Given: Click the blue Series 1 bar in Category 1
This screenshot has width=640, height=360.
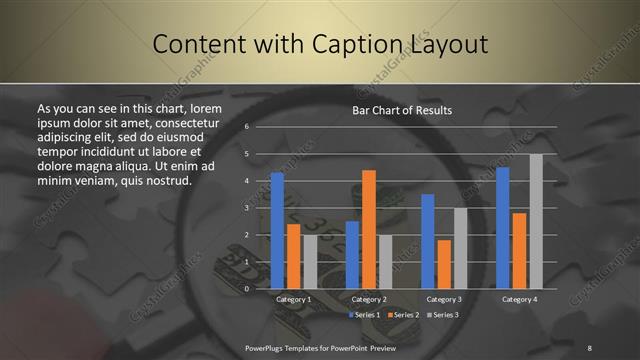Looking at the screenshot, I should click(277, 230).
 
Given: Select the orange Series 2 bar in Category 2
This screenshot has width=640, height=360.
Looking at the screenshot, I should click(368, 229).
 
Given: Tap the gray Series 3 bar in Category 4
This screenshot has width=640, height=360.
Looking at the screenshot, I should click(536, 221).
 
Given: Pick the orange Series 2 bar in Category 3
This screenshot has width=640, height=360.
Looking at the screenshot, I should click(444, 264).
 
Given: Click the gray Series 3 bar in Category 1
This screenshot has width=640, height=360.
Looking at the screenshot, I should click(310, 261).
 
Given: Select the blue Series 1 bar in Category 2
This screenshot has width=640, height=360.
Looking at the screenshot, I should click(352, 254).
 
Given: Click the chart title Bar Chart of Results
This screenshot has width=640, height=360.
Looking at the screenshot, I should click(402, 110).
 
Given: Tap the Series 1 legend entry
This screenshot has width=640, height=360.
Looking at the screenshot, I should click(364, 315).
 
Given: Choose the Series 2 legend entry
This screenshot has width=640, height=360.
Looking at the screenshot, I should click(404, 315).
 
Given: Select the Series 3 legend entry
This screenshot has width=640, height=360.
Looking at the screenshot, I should click(444, 315).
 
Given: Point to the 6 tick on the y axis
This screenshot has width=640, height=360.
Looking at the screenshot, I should click(246, 127).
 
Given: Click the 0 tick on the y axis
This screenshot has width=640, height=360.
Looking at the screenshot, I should click(246, 288).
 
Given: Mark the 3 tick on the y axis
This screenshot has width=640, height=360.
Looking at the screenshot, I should click(246, 208).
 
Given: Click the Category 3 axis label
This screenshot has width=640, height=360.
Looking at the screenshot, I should click(444, 299).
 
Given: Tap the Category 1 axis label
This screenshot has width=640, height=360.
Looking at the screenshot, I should click(293, 299).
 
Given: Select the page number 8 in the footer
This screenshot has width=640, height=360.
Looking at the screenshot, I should click(589, 347).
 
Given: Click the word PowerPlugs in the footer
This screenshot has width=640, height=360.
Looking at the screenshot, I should click(267, 347).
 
